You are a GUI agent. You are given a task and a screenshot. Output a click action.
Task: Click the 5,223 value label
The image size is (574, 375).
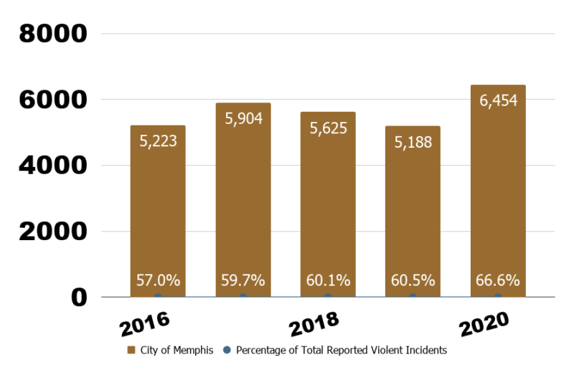click(158, 141)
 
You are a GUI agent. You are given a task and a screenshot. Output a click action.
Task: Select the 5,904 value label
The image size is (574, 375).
click(243, 118)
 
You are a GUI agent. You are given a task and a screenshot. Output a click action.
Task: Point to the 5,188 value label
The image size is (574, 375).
click(413, 142)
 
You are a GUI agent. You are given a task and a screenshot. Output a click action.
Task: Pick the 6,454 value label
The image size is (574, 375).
click(498, 100)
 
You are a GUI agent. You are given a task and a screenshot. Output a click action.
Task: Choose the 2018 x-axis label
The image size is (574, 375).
click(314, 324)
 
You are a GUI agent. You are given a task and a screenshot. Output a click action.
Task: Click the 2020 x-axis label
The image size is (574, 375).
click(484, 324)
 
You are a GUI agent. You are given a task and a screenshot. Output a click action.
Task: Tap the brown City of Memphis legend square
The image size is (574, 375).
click(131, 351)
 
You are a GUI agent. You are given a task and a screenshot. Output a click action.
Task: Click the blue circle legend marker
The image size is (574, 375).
click(227, 351)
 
